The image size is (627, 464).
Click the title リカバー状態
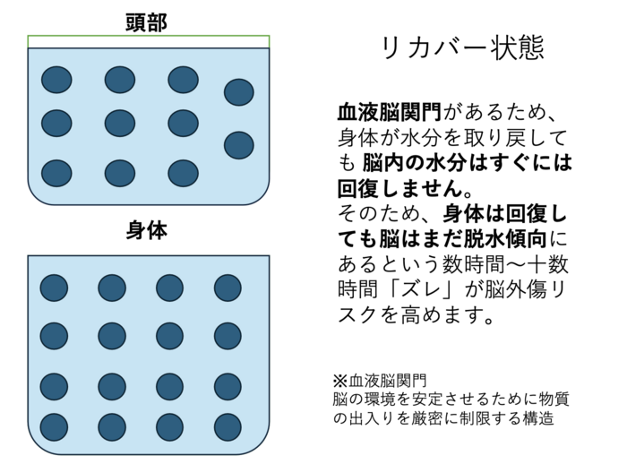[x=463, y=48]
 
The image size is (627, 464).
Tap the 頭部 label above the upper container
[x=147, y=22]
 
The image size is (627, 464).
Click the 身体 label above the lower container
[x=147, y=231]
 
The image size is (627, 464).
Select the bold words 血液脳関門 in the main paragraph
[x=390, y=112]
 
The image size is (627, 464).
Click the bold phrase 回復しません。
[x=405, y=188]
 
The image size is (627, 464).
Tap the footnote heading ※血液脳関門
[x=380, y=381]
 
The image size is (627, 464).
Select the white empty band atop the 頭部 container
[x=149, y=41]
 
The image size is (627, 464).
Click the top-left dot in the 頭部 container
[x=56, y=80]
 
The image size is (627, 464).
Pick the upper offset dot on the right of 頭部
[x=239, y=92]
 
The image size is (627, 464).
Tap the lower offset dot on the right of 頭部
[x=239, y=145]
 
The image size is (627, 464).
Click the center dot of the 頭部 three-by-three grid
[x=120, y=124]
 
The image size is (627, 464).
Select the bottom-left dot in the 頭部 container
[x=56, y=173]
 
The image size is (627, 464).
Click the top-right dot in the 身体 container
[x=228, y=288]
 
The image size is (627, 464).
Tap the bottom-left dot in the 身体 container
[x=54, y=427]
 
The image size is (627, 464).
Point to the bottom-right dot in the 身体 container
[x=228, y=427]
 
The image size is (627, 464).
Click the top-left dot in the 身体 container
[x=54, y=288]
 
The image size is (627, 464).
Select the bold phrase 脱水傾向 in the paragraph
[x=505, y=239]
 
